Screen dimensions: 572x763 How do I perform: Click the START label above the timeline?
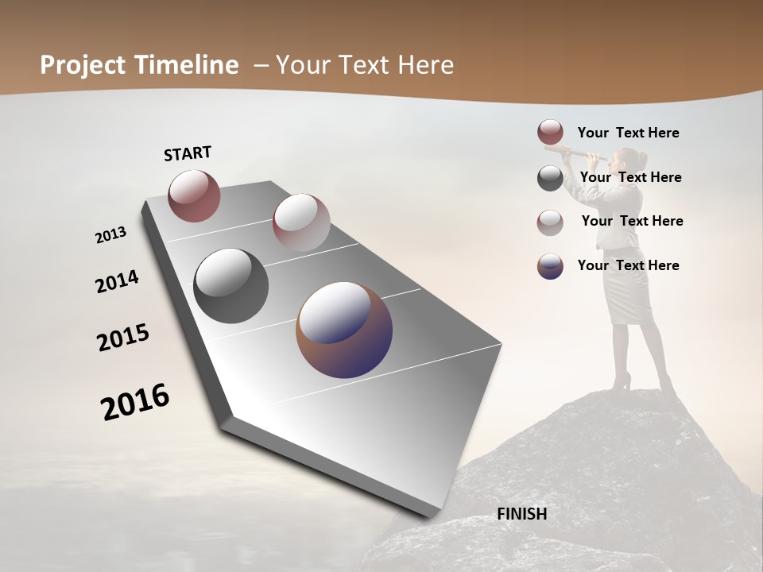coord(188,153)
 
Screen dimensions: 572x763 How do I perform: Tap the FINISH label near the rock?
coord(521,514)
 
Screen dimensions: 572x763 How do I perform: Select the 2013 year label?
coord(110,235)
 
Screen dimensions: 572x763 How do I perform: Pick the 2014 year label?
coord(117,282)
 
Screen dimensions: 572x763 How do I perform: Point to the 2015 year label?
coord(123,338)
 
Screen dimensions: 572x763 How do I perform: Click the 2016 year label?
coord(135,402)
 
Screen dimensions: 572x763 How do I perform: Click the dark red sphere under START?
coord(194,195)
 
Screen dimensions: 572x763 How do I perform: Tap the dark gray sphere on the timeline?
coord(230,286)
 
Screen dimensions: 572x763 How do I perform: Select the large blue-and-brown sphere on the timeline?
coord(344,330)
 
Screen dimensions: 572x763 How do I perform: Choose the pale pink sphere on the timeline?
coord(301,222)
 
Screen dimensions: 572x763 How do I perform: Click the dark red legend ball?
coord(550,133)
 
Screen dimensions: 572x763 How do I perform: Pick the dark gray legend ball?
coord(550,178)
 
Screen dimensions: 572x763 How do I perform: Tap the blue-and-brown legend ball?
coord(550,266)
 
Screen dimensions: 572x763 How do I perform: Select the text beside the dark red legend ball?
coord(628,133)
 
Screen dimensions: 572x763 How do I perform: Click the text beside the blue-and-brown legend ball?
coord(628,265)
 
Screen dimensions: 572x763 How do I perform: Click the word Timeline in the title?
coord(188,65)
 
